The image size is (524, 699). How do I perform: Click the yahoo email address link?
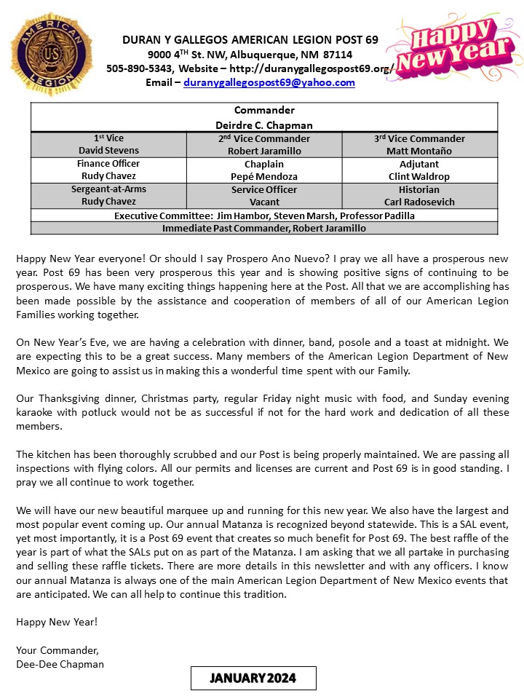point(269,83)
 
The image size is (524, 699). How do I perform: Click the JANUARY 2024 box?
point(253,678)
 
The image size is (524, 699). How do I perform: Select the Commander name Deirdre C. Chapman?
point(264,125)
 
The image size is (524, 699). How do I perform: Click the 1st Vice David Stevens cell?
point(108,145)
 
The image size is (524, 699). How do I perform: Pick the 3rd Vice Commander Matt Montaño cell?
point(420,145)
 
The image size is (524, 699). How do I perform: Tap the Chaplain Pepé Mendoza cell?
point(264,170)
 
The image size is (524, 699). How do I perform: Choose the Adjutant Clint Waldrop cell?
point(420,170)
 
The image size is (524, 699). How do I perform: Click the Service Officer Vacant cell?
point(264,196)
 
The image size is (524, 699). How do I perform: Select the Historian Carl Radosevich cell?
point(420,196)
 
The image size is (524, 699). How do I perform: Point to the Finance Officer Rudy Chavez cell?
point(108,170)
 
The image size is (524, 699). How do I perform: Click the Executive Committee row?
point(264,216)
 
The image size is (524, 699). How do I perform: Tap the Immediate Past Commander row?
point(264,228)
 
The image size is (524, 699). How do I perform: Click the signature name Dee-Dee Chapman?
point(60,663)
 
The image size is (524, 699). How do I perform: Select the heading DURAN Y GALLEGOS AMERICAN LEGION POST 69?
point(250,40)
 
